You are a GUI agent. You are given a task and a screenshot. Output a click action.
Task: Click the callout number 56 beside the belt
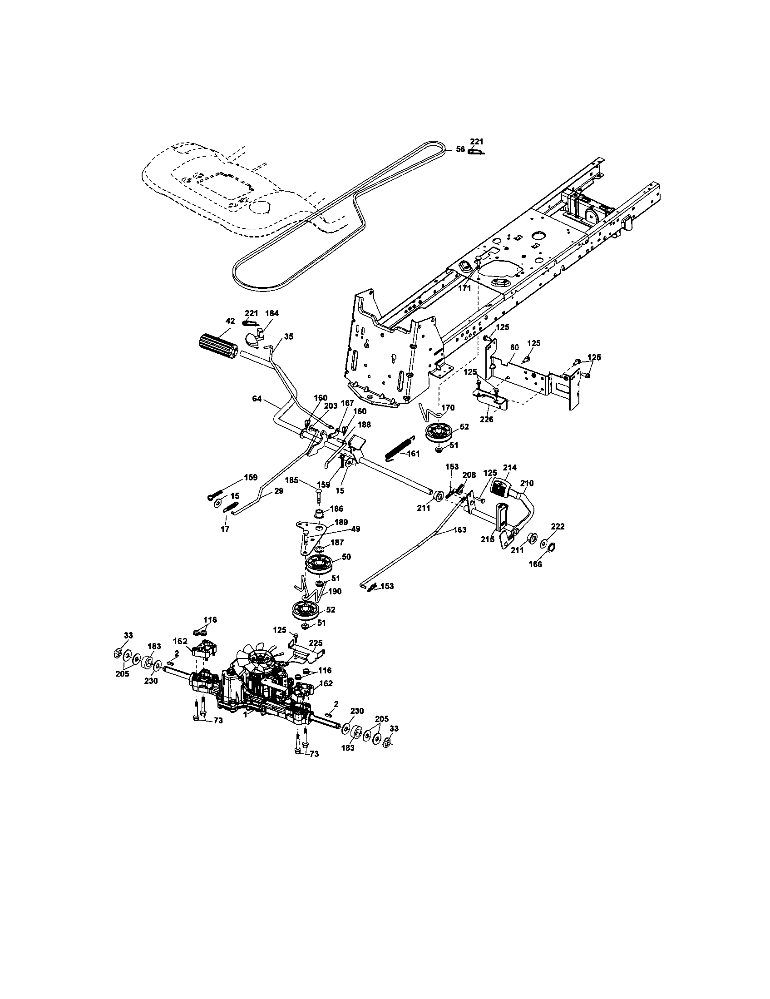click(460, 149)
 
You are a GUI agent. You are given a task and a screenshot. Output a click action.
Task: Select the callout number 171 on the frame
click(464, 289)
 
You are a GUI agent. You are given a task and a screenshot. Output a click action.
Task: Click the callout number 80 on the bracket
click(514, 347)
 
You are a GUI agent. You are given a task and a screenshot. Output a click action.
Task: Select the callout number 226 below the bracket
click(487, 419)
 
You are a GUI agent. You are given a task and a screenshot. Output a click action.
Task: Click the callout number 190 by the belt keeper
click(335, 591)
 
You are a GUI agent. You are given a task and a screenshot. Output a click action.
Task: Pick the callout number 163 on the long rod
click(460, 529)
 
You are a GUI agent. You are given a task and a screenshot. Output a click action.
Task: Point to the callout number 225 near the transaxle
click(316, 643)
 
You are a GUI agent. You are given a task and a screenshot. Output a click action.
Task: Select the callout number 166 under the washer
click(535, 564)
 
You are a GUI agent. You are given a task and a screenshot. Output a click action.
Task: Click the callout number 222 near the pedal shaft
click(558, 526)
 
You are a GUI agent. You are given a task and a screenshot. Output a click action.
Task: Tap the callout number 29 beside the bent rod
click(278, 491)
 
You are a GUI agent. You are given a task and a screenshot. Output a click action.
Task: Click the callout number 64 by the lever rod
click(257, 399)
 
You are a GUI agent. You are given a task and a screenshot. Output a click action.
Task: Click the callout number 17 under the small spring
click(225, 529)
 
